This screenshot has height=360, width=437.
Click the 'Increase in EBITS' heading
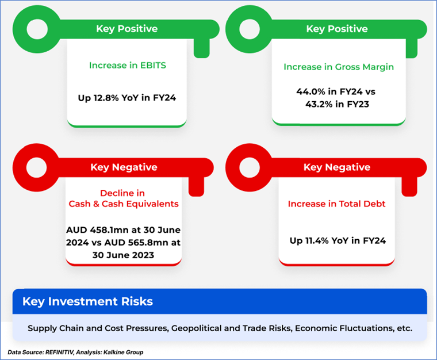coord(128,65)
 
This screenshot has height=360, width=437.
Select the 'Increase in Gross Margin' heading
coord(339,67)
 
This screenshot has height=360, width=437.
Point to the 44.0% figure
coord(310,91)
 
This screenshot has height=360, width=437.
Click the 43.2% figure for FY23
coord(319,104)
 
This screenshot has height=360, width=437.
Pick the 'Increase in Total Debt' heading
coord(337,204)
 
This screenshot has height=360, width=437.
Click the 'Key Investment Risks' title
coord(87,301)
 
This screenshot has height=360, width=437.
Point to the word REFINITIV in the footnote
coord(59,352)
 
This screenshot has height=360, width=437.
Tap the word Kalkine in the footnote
coord(113,352)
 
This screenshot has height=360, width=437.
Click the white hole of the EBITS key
coord(37,29)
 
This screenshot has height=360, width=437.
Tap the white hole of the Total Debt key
coord(250,167)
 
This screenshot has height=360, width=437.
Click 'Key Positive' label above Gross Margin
coord(337,29)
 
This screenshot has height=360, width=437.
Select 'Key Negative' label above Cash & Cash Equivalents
coord(124,167)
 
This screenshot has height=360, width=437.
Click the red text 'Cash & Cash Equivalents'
coord(124,204)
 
